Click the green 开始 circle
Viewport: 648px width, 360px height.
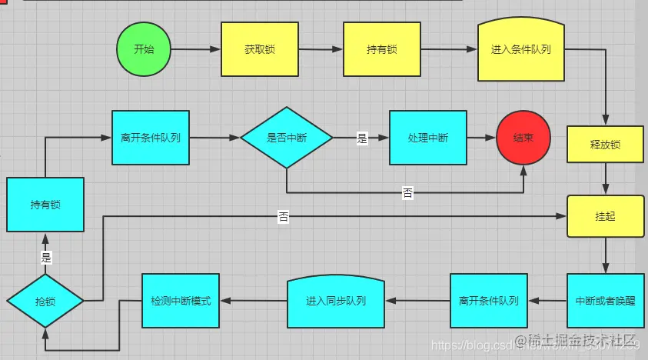click(x=144, y=49)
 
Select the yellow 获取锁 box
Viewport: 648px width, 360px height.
click(x=260, y=49)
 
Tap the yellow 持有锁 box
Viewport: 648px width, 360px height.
click(x=381, y=49)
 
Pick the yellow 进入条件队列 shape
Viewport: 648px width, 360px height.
click(x=520, y=49)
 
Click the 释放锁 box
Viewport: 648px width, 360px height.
click(x=605, y=144)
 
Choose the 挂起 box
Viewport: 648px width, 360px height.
click(x=605, y=216)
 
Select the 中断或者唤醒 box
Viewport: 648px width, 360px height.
click(x=605, y=300)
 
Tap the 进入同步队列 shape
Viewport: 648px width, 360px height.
click(x=336, y=300)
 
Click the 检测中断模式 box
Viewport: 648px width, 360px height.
click(x=181, y=300)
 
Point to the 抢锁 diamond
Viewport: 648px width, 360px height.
click(x=45, y=300)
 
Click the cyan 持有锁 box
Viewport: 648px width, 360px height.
click(x=45, y=205)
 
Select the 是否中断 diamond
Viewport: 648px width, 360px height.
click(x=286, y=138)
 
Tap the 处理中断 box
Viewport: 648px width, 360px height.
click(x=427, y=138)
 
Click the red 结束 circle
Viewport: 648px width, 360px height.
click(x=523, y=138)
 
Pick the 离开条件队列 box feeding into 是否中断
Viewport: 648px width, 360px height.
click(x=151, y=138)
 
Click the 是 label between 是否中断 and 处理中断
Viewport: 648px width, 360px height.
click(x=362, y=139)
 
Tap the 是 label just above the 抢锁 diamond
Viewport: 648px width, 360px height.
click(x=45, y=258)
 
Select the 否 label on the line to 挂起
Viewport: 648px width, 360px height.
click(x=284, y=218)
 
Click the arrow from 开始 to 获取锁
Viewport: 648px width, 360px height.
click(x=196, y=50)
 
